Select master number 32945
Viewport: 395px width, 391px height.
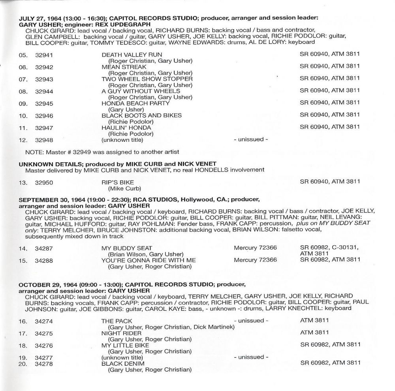tap(44, 103)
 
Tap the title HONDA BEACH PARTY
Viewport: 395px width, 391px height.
tap(135, 103)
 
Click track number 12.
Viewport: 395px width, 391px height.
tap(23, 140)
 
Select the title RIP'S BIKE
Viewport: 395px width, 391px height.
tap(118, 182)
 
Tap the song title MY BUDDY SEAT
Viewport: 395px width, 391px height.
tap(127, 248)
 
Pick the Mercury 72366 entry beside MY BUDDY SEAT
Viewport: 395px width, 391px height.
tap(255, 248)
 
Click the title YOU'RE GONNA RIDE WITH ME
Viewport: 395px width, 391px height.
tap(149, 260)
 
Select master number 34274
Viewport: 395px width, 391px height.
tap(44, 321)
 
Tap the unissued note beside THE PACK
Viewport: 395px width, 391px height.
tap(251, 321)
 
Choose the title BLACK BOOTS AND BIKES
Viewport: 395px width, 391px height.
tap(141, 115)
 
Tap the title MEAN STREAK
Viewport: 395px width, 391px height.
tap(124, 67)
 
